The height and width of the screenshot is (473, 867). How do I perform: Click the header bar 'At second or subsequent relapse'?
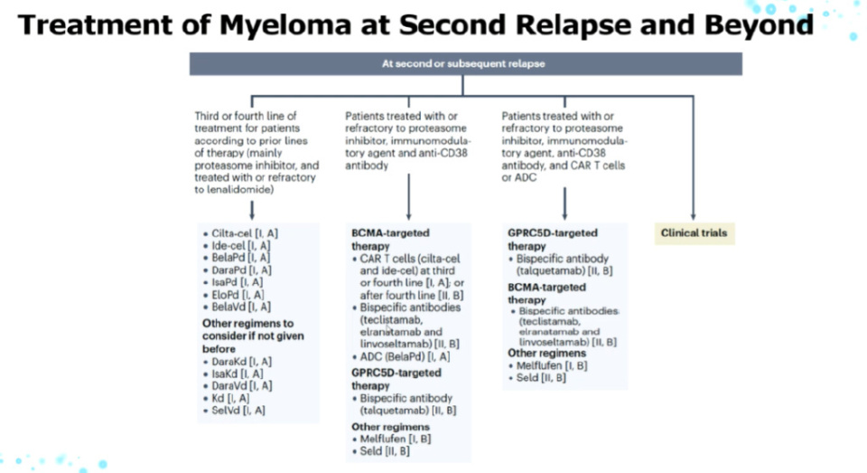(x=465, y=63)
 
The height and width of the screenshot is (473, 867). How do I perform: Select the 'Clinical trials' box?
(x=693, y=233)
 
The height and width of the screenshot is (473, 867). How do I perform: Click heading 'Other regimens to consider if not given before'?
(x=248, y=336)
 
